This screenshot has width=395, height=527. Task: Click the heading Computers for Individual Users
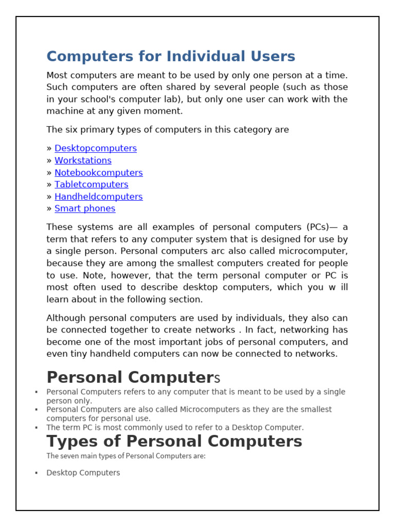point(171,56)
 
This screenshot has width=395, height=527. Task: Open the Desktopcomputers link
point(96,148)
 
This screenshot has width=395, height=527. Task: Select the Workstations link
point(83,160)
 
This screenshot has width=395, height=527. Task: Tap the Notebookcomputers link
point(99,172)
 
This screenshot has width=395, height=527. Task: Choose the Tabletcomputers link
point(92,184)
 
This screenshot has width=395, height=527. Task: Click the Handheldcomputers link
point(99,197)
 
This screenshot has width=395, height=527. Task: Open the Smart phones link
point(85,208)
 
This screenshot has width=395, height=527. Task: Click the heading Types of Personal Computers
point(174,441)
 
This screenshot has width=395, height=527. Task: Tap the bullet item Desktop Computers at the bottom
point(83,472)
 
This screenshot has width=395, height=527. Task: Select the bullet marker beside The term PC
point(36,427)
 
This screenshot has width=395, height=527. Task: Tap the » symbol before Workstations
point(49,161)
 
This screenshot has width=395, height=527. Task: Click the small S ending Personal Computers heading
point(217,379)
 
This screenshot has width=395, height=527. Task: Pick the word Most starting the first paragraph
point(57,75)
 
